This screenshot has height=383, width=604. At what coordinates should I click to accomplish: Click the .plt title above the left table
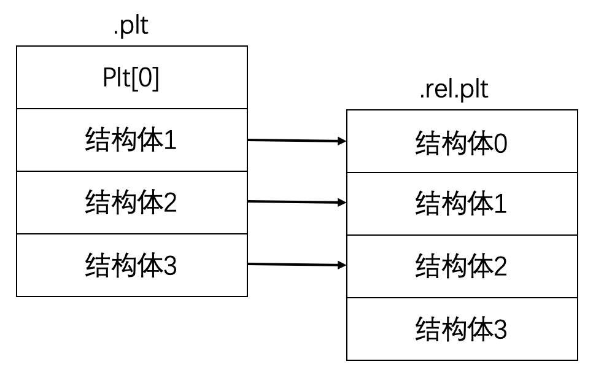pos(131,27)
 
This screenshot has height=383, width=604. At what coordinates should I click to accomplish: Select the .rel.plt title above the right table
pos(454,90)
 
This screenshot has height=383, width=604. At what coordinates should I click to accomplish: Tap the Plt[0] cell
pos(131,79)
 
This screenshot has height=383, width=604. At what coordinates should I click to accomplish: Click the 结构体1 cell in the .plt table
pos(131,141)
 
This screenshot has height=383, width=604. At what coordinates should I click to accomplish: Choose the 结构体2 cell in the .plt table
pos(131,203)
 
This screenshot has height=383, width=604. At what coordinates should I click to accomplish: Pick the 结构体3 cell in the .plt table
pos(131,266)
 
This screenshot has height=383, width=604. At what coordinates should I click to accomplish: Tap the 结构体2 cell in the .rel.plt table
pos(462,266)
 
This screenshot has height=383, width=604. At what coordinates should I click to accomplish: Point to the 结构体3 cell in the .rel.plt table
pos(462,330)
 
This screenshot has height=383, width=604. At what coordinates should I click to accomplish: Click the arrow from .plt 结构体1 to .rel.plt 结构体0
pos(295,141)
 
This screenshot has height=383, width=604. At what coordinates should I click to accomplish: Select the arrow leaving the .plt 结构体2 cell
pos(295,202)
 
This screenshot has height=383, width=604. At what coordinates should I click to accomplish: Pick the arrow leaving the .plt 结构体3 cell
pos(295,265)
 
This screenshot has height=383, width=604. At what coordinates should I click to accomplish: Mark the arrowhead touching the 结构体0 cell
pos(342,141)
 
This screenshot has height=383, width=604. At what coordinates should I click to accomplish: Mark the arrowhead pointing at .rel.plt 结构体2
pos(342,265)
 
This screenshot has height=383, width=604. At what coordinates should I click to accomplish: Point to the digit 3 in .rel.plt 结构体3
pos(500,330)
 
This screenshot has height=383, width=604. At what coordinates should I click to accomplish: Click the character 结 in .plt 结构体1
pos(98,141)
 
